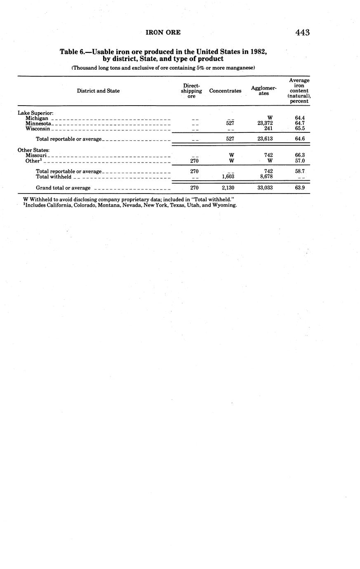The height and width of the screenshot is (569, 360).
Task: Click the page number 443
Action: [x=302, y=33]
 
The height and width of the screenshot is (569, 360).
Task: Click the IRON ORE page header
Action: [x=163, y=32]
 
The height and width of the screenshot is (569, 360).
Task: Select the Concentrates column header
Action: [x=225, y=91]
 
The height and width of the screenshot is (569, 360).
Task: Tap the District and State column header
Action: [x=98, y=91]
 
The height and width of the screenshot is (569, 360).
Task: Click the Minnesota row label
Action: [x=38, y=123]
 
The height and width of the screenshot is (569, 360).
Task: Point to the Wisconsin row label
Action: [x=38, y=129]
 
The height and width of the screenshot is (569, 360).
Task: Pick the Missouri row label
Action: [x=36, y=156]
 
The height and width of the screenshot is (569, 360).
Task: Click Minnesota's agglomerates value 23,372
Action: [x=265, y=123]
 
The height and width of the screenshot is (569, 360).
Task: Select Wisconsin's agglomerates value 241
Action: [x=268, y=128]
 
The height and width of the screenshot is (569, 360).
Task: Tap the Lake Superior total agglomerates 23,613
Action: [x=265, y=139]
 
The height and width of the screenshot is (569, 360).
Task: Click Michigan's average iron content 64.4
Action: [x=300, y=118]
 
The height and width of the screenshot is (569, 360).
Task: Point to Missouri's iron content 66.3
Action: [x=300, y=156]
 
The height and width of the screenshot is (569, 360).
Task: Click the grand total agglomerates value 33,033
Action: [x=265, y=188]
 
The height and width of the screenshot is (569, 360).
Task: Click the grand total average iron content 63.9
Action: [x=300, y=188]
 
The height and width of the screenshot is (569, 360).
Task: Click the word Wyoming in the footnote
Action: [x=224, y=205]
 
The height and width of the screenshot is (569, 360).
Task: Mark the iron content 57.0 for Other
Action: [x=300, y=161]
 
